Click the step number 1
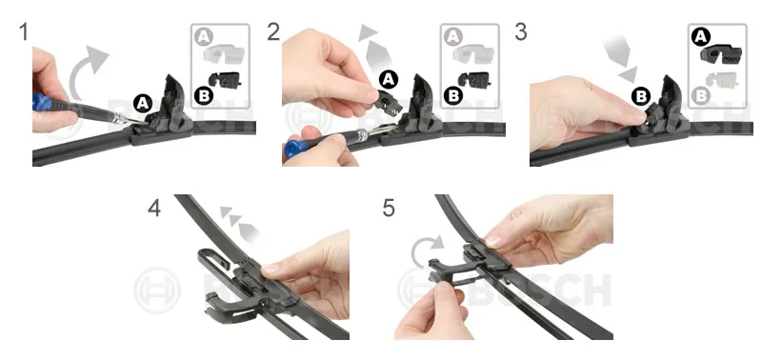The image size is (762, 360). (24, 32)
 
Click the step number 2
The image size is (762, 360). (273, 32)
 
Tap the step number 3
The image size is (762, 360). (520, 32)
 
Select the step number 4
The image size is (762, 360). (154, 208)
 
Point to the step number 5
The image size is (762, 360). (389, 208)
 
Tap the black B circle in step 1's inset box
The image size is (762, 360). (204, 95)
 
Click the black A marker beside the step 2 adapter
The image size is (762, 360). (388, 79)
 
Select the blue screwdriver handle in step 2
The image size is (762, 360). (294, 147)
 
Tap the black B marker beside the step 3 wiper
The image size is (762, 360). (641, 97)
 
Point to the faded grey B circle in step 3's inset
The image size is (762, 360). (702, 95)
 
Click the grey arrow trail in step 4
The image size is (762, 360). (239, 222)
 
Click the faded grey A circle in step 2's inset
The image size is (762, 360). (453, 37)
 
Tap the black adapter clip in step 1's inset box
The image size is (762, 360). (225, 79)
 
